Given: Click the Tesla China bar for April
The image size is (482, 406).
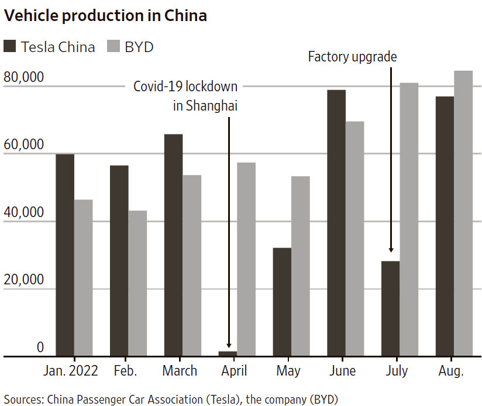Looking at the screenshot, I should click(x=228, y=353).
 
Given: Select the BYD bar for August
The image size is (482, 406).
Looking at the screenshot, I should click(x=463, y=213).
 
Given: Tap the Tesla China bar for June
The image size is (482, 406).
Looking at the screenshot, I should click(x=336, y=223).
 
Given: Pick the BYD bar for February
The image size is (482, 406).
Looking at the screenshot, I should click(x=137, y=283).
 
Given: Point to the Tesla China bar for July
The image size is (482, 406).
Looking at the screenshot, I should click(x=390, y=308).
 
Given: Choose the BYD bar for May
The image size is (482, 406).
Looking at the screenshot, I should click(x=300, y=266).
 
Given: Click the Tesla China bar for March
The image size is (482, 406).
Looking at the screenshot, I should click(x=174, y=245).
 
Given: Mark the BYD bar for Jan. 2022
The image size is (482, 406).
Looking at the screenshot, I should click(x=83, y=278).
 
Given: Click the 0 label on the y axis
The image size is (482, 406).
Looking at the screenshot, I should click(x=40, y=347).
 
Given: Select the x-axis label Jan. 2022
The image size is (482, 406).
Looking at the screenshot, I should click(x=71, y=371).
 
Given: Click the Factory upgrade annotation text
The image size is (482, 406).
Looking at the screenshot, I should click(x=352, y=57).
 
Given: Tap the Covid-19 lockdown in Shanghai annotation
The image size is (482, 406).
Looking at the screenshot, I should click(x=186, y=96).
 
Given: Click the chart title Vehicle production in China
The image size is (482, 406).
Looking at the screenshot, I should click(x=106, y=16).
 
